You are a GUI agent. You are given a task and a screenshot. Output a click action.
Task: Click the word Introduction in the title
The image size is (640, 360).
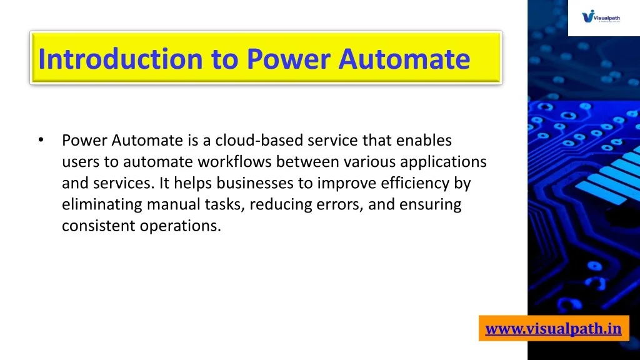coord(121,59)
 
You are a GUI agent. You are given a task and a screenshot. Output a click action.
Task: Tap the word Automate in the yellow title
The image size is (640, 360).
coord(404,59)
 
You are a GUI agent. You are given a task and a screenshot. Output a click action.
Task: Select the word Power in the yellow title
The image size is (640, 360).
coord(289,59)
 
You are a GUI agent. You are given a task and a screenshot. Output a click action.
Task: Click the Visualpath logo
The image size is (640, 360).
coord(601,17)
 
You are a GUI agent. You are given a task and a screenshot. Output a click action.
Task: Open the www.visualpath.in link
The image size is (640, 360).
coord(554,329)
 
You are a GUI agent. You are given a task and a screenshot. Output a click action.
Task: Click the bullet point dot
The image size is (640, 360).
coord(41,140)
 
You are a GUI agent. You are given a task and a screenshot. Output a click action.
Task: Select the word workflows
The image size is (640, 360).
coord(235,162)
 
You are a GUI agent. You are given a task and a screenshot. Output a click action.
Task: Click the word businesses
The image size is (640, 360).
coord(255,183)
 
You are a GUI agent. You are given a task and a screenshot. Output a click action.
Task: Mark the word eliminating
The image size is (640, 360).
coord(102,205)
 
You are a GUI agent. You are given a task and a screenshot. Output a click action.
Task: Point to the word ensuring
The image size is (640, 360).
coord(430,205)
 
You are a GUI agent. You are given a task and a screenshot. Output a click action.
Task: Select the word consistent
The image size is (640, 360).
coord(99,226)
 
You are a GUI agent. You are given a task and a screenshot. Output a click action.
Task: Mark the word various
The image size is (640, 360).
coord(369,162)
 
